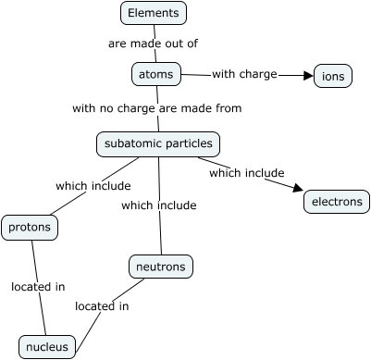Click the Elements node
[x=154, y=13]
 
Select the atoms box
[x=156, y=74]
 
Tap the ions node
[x=333, y=76]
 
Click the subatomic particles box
[x=158, y=144]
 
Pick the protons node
[x=30, y=228]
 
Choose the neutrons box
[x=161, y=267]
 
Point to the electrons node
[x=337, y=202]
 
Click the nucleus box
[x=47, y=347]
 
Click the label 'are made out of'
[x=153, y=43]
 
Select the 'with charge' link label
[x=244, y=74]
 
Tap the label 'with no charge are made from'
[x=157, y=108]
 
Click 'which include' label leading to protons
[x=93, y=186]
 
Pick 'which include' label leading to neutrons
[x=159, y=205]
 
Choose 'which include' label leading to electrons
[x=247, y=173]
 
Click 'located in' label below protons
[x=38, y=287]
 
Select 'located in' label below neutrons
[x=102, y=306]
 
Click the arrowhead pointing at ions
[x=308, y=76]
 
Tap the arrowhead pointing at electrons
[x=298, y=188]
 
